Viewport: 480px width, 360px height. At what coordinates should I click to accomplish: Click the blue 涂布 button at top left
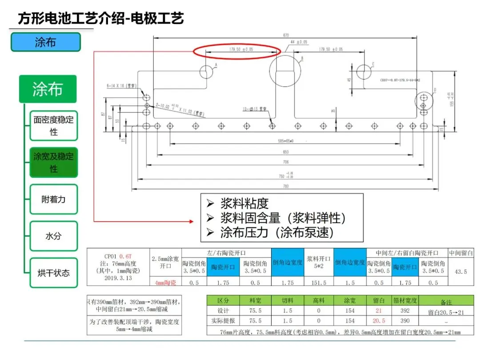point(46,42)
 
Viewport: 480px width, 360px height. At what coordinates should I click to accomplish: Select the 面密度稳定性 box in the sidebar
point(54,126)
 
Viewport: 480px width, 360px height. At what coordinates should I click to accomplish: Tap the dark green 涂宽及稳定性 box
point(54,163)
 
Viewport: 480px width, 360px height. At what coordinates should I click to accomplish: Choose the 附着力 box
point(54,200)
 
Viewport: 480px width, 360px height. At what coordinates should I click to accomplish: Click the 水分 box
point(54,236)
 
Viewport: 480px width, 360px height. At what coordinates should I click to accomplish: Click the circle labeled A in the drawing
point(207,72)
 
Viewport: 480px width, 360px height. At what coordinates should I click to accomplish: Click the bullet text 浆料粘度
point(244,204)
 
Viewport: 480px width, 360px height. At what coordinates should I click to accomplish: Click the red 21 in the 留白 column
point(379,311)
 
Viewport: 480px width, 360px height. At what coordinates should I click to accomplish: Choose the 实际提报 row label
point(223,320)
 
